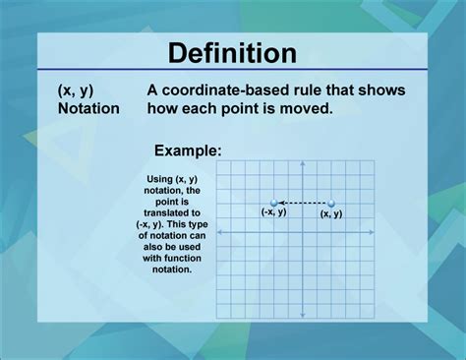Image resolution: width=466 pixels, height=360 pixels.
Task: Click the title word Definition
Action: (232, 52)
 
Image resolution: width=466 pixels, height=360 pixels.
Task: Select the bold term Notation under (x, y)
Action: (87, 108)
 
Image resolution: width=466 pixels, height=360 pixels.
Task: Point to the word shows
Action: (381, 90)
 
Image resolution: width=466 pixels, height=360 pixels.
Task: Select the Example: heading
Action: (187, 150)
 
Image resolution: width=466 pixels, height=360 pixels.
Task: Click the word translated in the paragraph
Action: (172, 211)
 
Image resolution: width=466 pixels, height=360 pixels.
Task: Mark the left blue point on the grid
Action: (274, 204)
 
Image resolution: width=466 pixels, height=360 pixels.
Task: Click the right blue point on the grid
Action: (331, 204)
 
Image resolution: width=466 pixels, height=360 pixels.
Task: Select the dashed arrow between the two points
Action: (303, 204)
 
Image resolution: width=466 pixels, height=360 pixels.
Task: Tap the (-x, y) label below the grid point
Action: (273, 212)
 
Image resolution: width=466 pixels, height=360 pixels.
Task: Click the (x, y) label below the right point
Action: (331, 213)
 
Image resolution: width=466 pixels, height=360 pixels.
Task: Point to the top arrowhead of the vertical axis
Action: (295, 165)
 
